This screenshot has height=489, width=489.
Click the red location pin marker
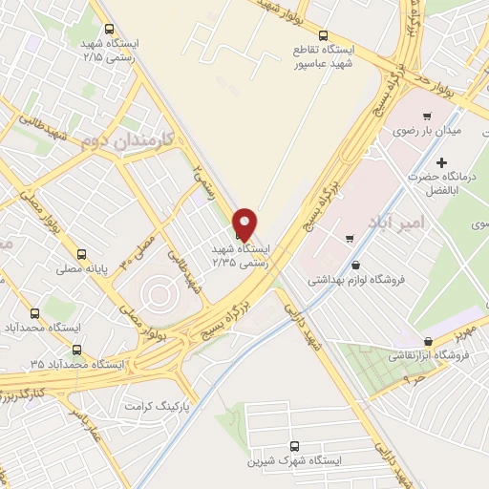click(244, 223)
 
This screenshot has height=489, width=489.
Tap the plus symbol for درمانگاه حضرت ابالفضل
click(441, 162)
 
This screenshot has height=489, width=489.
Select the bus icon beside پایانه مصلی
click(82, 255)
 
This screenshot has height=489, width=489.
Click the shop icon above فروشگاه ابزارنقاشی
click(427, 341)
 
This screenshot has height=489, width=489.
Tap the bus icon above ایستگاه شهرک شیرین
click(294, 445)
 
